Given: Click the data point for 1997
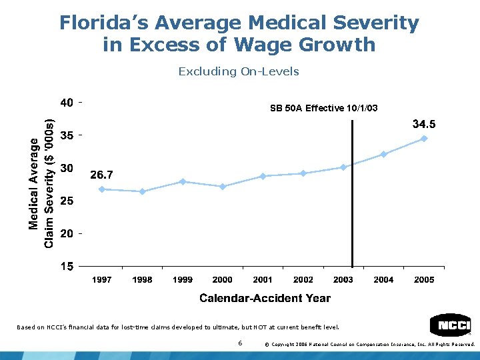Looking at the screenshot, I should [102, 189].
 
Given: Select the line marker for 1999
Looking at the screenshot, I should [183, 181].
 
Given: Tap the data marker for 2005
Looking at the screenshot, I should [424, 139].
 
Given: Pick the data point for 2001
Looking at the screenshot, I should [263, 176].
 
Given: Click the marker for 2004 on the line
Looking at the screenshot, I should [383, 154].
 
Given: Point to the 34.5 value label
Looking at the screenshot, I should [424, 124].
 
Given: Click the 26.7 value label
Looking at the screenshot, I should [101, 175].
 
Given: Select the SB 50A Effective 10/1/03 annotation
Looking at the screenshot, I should [323, 108].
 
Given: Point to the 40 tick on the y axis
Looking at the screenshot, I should [67, 103].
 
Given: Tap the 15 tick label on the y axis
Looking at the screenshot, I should [67, 267].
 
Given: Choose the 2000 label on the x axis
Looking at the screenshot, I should [223, 280].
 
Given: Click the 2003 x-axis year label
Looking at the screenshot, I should [343, 280].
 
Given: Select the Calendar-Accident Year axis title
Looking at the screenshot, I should [265, 298].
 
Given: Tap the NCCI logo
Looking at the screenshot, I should [451, 325].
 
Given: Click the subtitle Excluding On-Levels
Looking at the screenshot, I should [239, 71].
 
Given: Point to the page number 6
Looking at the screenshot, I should [239, 343].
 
